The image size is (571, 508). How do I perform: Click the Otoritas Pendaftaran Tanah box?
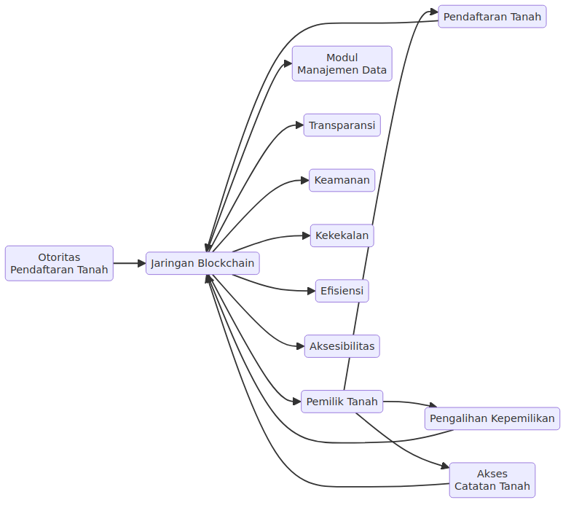pyautogui.click(x=59, y=263)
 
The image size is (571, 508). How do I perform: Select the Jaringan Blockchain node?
pyautogui.click(x=202, y=263)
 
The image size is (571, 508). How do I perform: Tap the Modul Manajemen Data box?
pyautogui.click(x=342, y=63)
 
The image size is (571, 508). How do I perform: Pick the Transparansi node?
pyautogui.click(x=342, y=125)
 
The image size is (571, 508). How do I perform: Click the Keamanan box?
pyautogui.click(x=342, y=180)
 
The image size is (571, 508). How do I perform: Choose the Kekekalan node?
pyautogui.click(x=342, y=235)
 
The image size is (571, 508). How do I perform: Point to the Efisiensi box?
pyautogui.click(x=342, y=291)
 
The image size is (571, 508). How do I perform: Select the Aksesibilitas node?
pyautogui.click(x=342, y=346)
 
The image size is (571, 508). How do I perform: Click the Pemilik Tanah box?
pyautogui.click(x=342, y=402)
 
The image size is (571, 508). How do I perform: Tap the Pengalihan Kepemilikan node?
pyautogui.click(x=492, y=418)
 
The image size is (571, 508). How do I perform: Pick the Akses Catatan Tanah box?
pyautogui.click(x=492, y=480)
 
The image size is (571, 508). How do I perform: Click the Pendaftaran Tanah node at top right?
pyautogui.click(x=492, y=16)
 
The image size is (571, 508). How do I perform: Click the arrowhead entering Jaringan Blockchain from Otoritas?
pyautogui.click(x=142, y=263)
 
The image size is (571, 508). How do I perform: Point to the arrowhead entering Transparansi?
pyautogui.click(x=300, y=125)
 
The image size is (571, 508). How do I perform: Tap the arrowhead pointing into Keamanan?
pyautogui.click(x=305, y=180)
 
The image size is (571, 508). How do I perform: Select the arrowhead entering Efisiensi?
pyautogui.click(x=312, y=291)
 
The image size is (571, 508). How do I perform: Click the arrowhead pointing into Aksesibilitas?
pyautogui.click(x=300, y=346)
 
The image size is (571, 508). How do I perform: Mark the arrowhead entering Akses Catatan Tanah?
pyautogui.click(x=446, y=466)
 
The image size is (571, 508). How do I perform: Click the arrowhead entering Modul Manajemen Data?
pyautogui.click(x=288, y=64)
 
